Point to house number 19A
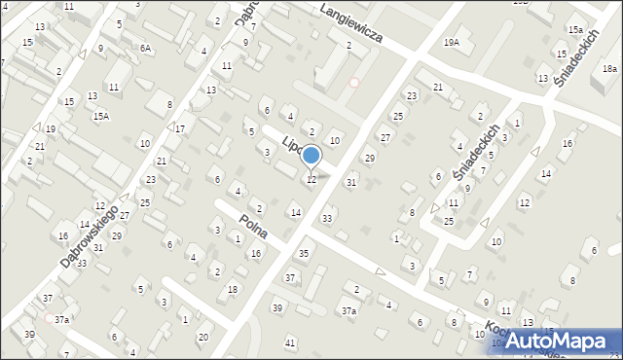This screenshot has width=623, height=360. pyautogui.click(x=451, y=43)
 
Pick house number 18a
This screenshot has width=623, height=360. pyautogui.click(x=609, y=68)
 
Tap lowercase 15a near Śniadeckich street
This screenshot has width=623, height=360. pyautogui.click(x=576, y=30)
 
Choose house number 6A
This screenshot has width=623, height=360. pyautogui.click(x=145, y=48)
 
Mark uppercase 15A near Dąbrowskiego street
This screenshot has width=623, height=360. pyautogui.click(x=101, y=116)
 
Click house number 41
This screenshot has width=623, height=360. pyautogui.click(x=289, y=343)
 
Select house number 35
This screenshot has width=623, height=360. pyautogui.click(x=304, y=253)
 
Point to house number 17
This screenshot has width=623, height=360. pyautogui.click(x=180, y=128)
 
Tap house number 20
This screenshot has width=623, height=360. pyautogui.click(x=202, y=338)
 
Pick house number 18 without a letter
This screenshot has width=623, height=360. pyautogui.click(x=232, y=289)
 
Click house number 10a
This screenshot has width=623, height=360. pyautogui.click(x=497, y=342)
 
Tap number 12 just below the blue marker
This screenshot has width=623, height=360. pyautogui.click(x=311, y=179)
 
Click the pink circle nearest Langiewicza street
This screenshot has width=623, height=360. pyautogui.click(x=353, y=83)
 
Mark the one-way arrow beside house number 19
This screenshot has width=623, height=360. pyautogui.click(x=36, y=127)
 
